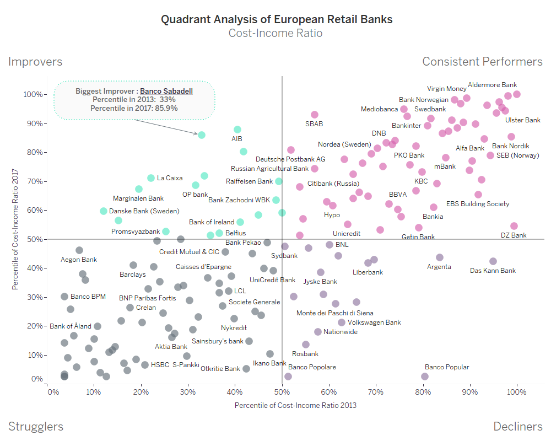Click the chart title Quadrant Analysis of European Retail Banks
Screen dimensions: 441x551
(277, 19)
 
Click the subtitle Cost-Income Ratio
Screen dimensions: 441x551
(275, 33)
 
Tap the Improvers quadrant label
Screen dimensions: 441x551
(35, 62)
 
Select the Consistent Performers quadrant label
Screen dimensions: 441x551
(482, 61)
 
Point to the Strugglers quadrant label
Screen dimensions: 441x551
(36, 427)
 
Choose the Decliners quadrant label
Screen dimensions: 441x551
(518, 427)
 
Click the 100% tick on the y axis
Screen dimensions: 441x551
(33, 94)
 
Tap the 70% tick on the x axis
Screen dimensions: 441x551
(376, 392)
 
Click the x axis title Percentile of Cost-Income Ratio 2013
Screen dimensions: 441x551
(295, 406)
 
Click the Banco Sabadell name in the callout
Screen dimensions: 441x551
(166, 90)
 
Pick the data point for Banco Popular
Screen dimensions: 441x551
(425, 377)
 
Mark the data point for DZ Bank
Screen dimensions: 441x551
(514, 226)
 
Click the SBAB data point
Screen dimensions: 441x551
(315, 115)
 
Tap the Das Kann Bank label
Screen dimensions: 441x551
(493, 271)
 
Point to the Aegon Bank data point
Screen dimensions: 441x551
(79, 250)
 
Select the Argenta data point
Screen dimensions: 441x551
(440, 257)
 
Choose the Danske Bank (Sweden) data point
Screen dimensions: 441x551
(104, 211)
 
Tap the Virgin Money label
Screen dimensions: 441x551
(446, 89)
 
